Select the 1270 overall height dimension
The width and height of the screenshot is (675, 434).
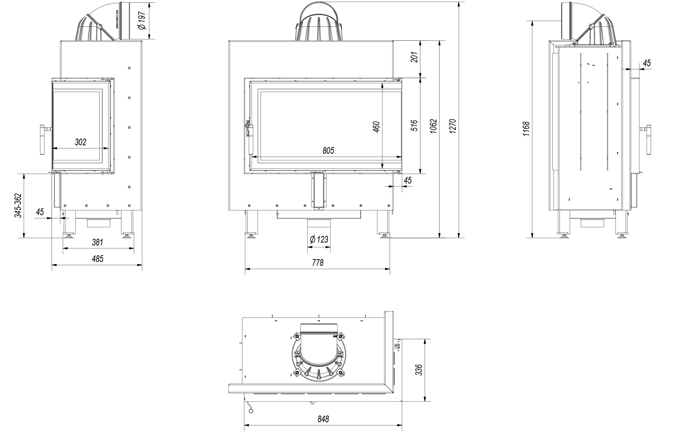(x=452, y=126)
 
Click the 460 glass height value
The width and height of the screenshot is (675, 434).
(x=376, y=127)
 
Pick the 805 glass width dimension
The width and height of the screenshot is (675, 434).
(x=328, y=151)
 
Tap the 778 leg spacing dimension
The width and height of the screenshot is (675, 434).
(x=318, y=263)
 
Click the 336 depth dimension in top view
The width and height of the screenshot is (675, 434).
(x=419, y=370)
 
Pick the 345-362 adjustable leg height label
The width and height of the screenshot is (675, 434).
(x=18, y=205)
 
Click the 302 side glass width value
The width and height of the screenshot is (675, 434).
(x=80, y=142)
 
